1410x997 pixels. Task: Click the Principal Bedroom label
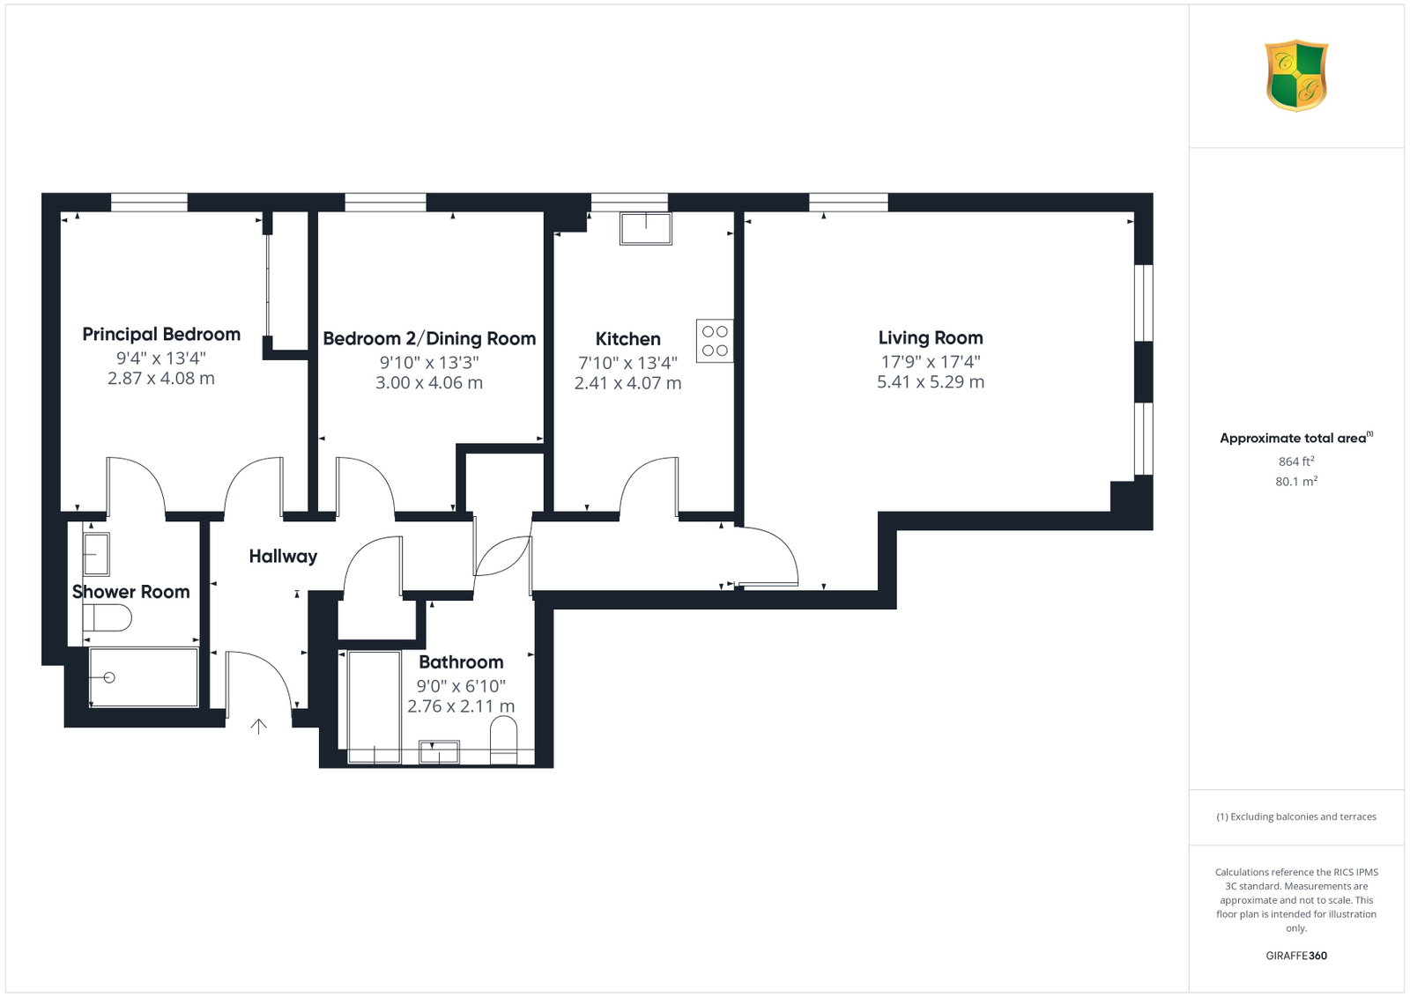coord(161,334)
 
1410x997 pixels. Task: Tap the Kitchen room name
coord(627,339)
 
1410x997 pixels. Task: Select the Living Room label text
coord(931,338)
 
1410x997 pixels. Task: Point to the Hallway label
coord(283,556)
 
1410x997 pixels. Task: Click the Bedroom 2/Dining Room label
coord(429,338)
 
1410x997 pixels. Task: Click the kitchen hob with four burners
coord(715,340)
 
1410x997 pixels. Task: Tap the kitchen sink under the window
coord(646,228)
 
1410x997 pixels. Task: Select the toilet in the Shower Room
coord(107,617)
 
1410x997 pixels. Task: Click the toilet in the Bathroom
coord(503,741)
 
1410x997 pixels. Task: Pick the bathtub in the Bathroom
coord(374,707)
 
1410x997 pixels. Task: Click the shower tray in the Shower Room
coord(144,676)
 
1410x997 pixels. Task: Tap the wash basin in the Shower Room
coord(96,554)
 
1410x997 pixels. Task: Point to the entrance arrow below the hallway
coord(259,726)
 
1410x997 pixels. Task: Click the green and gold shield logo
coord(1296,76)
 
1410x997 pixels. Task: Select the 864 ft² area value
coord(1296,462)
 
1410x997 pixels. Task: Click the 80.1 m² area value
coord(1296,481)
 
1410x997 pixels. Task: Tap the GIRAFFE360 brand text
coord(1296,956)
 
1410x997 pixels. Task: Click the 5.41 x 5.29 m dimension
coord(931,382)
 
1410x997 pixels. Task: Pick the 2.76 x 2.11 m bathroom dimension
coord(461,706)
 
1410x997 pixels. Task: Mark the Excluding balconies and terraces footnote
coord(1296,816)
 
